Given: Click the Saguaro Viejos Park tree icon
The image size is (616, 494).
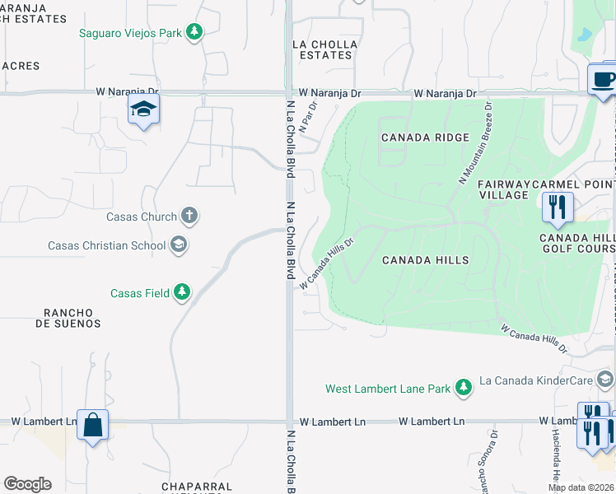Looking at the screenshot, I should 194,33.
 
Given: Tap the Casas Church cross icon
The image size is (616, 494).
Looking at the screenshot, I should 189,217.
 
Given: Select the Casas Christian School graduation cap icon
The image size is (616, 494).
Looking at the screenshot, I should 179,245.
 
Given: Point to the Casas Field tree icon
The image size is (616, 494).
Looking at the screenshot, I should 182,292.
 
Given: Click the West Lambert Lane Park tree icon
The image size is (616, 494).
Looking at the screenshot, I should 464,388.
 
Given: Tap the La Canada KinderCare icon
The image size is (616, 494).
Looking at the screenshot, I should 605,380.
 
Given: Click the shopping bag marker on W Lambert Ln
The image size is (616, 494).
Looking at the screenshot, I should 92,425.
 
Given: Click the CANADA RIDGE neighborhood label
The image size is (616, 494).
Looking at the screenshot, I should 425,137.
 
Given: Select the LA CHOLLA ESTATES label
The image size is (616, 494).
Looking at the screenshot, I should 325,49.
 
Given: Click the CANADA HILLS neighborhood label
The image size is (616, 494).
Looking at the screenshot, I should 426,260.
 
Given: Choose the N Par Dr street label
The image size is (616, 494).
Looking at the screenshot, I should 308,115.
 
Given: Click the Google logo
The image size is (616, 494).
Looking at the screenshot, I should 27,484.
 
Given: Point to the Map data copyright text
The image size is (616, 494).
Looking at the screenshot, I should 581,487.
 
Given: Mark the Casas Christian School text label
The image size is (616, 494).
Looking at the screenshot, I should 106,245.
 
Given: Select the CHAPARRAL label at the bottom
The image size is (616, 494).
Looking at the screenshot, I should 197,487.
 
